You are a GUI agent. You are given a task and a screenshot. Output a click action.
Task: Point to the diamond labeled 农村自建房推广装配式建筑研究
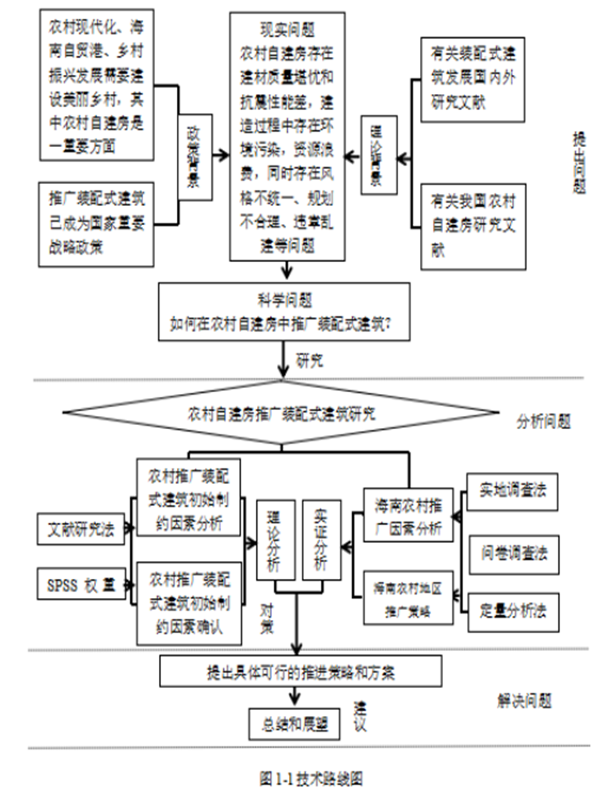[281, 415]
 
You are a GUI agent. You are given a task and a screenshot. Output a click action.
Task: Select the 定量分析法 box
[513, 611]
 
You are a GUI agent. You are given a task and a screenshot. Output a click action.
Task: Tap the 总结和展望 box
[294, 724]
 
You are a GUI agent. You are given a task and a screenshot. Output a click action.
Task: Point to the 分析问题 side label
[543, 421]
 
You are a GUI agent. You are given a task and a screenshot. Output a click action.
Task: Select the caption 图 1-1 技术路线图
[310, 778]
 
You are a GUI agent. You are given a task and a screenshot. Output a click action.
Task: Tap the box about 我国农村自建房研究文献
[474, 226]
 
